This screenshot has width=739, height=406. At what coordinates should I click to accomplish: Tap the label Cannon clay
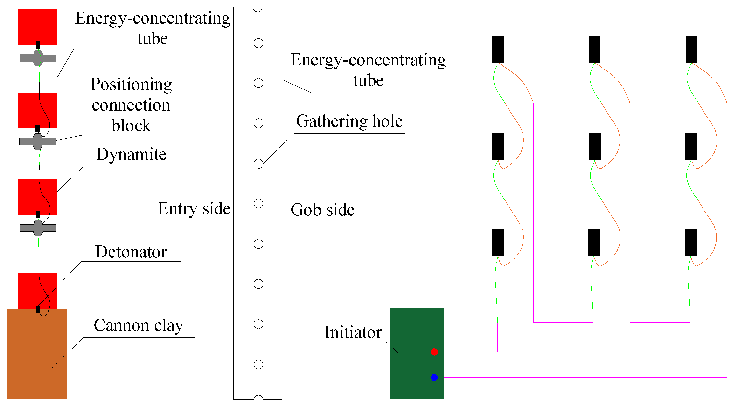click(x=138, y=326)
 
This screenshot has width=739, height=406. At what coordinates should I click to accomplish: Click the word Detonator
click(x=131, y=252)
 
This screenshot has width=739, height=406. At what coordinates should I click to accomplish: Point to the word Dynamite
click(x=131, y=155)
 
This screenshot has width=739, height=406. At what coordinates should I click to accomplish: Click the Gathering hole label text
click(x=349, y=121)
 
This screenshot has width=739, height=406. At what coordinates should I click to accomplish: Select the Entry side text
click(x=194, y=208)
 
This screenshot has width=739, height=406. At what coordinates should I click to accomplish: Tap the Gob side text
click(x=322, y=210)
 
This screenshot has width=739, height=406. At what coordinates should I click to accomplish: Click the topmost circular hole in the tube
click(x=258, y=43)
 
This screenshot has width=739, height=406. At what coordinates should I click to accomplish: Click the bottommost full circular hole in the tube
click(x=258, y=364)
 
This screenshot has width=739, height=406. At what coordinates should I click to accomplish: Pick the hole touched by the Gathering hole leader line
click(x=258, y=164)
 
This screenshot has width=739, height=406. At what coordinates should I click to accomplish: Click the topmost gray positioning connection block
click(x=38, y=58)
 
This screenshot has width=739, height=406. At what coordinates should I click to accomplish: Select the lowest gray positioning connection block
click(x=38, y=228)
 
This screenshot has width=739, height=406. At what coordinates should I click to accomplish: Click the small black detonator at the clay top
click(x=38, y=309)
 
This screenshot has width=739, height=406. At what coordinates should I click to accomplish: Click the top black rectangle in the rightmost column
click(x=691, y=49)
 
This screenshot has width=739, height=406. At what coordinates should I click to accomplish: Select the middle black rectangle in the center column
click(x=595, y=146)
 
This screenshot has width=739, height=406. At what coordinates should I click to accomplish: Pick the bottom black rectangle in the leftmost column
click(x=498, y=242)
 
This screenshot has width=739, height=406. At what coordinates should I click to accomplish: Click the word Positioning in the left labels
click(x=131, y=85)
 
